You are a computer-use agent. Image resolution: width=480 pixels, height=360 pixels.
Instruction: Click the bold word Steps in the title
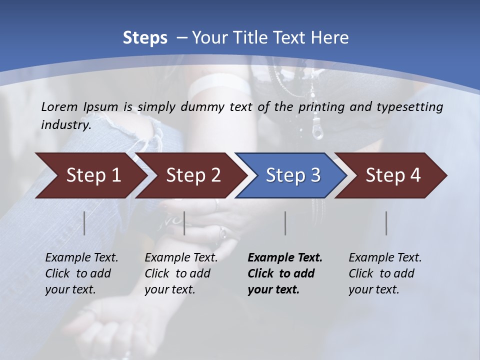click(x=145, y=38)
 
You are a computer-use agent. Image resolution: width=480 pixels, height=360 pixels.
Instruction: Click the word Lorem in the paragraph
click(x=57, y=106)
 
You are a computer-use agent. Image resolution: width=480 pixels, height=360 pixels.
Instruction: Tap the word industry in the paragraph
click(x=65, y=125)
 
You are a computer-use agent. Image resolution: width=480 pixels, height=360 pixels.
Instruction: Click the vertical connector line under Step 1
click(x=84, y=223)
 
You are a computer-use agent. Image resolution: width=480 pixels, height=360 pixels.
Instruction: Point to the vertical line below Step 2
click(x=184, y=223)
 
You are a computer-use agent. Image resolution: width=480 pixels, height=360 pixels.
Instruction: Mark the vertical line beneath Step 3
click(x=285, y=223)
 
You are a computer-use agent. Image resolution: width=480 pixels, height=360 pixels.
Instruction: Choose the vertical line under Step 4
click(x=386, y=223)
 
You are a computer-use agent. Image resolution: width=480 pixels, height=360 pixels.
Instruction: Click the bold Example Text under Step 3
click(x=285, y=258)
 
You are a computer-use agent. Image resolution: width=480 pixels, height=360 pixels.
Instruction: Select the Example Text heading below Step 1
click(x=81, y=258)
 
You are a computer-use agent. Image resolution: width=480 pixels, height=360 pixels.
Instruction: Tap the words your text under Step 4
click(x=373, y=289)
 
